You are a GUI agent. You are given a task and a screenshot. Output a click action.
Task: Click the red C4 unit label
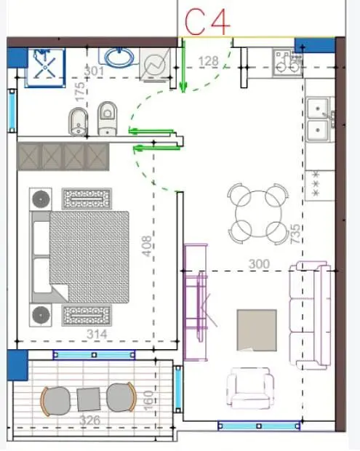(207, 22)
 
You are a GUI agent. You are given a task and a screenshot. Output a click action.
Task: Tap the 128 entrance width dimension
(209, 61)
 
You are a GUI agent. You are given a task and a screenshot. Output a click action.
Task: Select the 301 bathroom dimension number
(94, 71)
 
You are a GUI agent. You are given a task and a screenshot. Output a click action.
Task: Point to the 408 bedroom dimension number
(147, 246)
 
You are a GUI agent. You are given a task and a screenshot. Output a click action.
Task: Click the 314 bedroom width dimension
(97, 334)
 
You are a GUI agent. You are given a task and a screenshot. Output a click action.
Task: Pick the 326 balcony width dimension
(89, 420)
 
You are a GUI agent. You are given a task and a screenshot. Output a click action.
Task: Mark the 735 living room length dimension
(295, 234)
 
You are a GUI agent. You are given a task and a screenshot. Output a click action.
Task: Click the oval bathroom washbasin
(119, 57)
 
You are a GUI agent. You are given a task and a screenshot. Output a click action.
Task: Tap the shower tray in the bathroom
(45, 68)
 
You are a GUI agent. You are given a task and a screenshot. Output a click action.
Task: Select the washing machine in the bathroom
(155, 65)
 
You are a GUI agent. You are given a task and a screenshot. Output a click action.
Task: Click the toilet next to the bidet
(107, 119)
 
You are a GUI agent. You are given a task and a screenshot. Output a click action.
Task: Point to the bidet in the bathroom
(78, 121)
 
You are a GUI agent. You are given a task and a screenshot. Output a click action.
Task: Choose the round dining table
(258, 213)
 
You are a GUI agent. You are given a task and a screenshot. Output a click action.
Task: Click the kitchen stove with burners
(287, 63)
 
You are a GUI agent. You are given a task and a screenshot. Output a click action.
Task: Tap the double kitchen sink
(319, 119)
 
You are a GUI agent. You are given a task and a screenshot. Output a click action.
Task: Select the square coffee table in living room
(257, 330)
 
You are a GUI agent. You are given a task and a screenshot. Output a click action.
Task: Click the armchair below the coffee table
(250, 388)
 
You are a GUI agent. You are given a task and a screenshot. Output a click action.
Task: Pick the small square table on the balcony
(89, 399)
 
